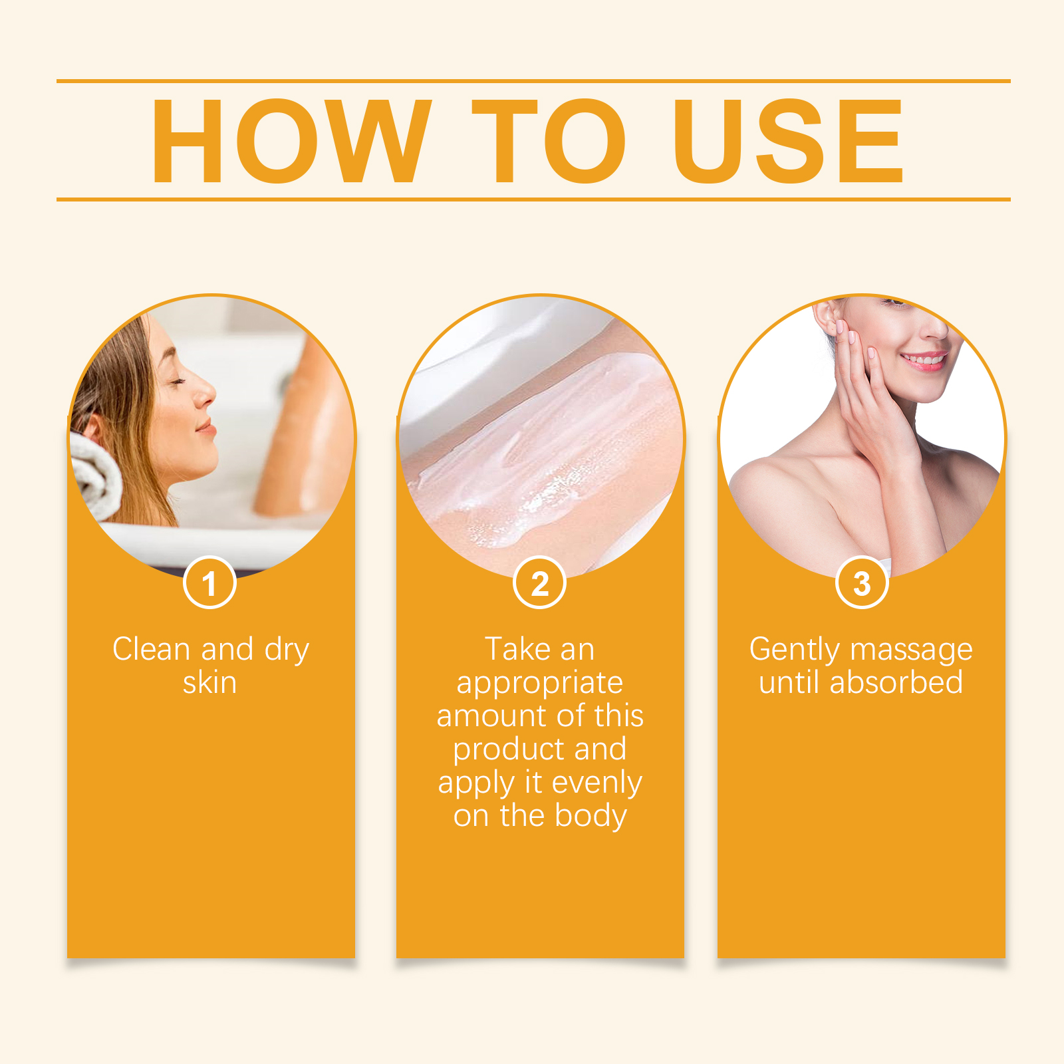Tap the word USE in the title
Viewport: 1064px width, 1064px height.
point(788,140)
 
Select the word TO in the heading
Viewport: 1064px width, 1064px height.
point(549,140)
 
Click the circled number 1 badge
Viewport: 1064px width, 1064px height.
point(209,583)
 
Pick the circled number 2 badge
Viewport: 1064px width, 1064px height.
point(539,583)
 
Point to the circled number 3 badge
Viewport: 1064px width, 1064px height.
point(862,583)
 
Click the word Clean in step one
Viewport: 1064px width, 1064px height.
point(152,649)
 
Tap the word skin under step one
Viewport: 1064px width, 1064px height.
point(209,683)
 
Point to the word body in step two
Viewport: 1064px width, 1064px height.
point(591,817)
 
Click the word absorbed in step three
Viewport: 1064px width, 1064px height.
point(896,682)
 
